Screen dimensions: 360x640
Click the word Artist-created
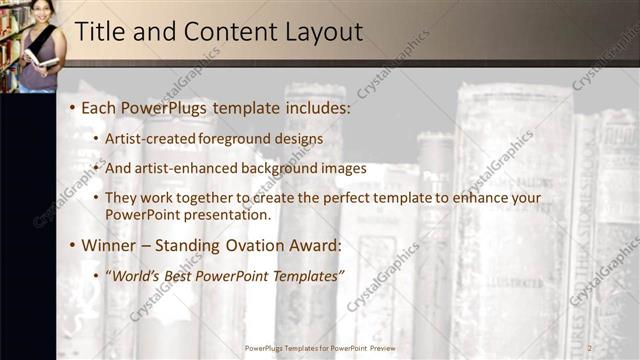tap(150, 138)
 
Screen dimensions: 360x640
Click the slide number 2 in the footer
tap(590, 348)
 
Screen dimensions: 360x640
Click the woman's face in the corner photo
tap(41, 12)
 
